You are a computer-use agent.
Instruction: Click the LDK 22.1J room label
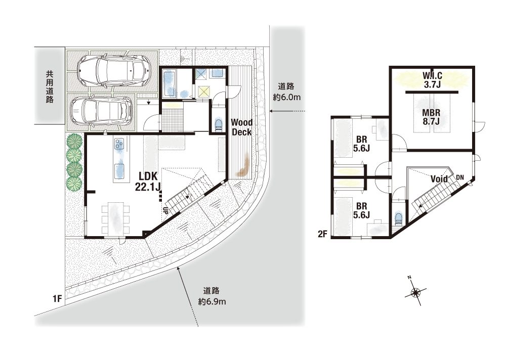point(148,182)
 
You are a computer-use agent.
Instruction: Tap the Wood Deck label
point(242,127)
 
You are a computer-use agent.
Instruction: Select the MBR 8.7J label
point(432,117)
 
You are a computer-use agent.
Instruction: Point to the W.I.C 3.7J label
point(433,80)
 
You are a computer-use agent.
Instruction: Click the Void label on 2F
point(439,179)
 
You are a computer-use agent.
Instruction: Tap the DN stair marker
point(460,177)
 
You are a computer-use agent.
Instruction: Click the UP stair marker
point(165,211)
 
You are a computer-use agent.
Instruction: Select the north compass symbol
point(415,292)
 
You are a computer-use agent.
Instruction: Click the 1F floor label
point(57,299)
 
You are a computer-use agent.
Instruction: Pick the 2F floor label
point(323,234)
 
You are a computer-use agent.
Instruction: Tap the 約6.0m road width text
point(286,97)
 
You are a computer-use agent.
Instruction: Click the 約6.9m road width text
point(212,302)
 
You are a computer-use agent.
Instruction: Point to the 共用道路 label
point(50,87)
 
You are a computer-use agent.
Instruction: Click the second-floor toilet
point(399,218)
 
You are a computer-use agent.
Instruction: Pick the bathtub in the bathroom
point(169,83)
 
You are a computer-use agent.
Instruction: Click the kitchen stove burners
point(119,144)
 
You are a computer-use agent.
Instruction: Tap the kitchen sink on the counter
point(119,171)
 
